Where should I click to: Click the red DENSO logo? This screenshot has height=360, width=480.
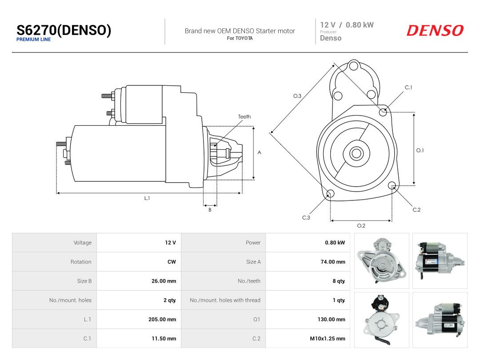[435, 30]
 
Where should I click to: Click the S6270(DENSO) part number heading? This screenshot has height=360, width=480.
[64, 30]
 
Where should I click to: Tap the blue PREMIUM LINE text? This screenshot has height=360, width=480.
[34, 40]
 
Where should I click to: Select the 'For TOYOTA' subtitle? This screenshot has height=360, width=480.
[240, 38]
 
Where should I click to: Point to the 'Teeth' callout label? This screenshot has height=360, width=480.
[244, 116]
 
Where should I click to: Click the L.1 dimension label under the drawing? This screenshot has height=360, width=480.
[147, 198]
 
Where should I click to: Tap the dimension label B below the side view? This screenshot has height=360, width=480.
[210, 210]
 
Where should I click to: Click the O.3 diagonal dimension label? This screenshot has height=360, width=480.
[297, 96]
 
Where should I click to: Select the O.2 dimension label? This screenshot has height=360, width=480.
[361, 226]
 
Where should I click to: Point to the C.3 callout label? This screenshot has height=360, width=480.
[306, 218]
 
